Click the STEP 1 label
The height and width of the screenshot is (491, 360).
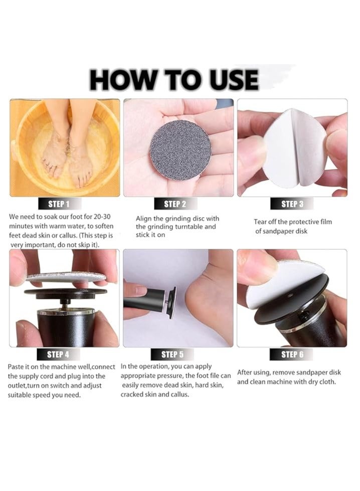click(59, 204)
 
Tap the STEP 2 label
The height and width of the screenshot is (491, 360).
click(175, 204)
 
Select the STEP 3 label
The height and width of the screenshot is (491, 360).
click(292, 204)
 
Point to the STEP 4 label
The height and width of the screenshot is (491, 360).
click(58, 355)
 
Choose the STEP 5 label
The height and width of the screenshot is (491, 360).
click(172, 355)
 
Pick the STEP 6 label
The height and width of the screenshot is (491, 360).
click(292, 355)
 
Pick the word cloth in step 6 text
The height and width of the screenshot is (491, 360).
click(327, 382)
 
